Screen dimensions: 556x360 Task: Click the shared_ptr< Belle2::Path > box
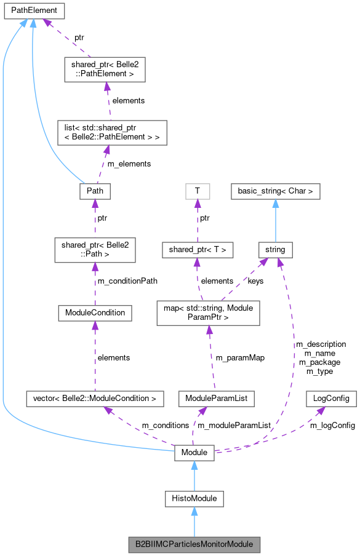click(94, 249)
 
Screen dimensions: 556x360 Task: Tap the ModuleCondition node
click(94, 312)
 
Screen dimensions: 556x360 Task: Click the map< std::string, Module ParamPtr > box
click(209, 312)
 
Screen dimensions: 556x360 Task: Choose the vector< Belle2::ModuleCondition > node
click(95, 398)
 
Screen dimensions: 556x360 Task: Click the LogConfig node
click(331, 398)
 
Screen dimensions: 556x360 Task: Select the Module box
click(194, 453)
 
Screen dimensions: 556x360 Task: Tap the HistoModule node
click(194, 498)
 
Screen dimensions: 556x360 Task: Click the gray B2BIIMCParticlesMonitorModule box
click(194, 544)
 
